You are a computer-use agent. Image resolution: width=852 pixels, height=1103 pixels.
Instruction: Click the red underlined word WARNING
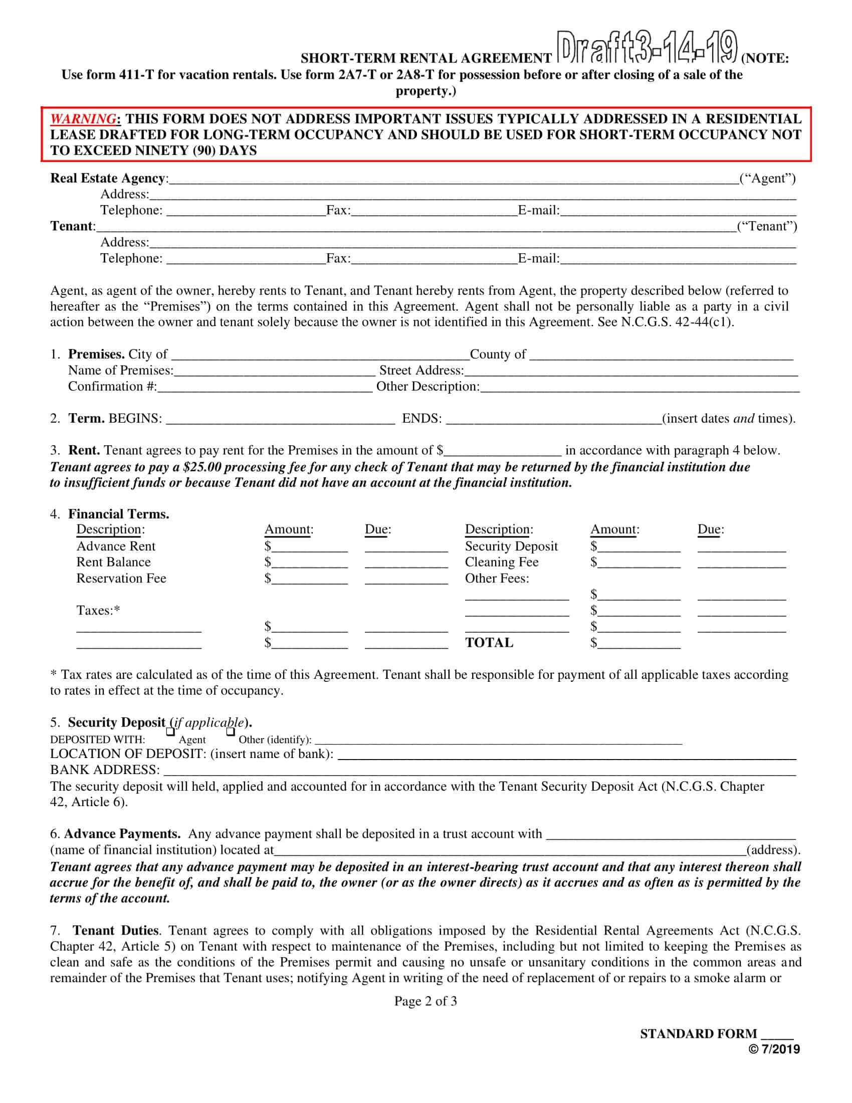click(x=83, y=119)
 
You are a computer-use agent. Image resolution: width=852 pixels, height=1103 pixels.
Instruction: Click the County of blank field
click(x=661, y=355)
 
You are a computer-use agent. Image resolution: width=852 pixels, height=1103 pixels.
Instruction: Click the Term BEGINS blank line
click(x=280, y=420)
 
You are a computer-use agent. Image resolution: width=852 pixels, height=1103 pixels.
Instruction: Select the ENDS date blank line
click(x=554, y=420)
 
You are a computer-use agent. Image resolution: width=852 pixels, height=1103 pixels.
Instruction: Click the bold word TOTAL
click(x=489, y=643)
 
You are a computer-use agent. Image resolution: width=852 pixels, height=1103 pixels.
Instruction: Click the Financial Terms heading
click(x=119, y=514)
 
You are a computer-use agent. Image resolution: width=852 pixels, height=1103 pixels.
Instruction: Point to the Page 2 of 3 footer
click(x=425, y=1001)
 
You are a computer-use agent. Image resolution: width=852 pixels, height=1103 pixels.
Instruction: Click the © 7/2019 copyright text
click(x=774, y=1049)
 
